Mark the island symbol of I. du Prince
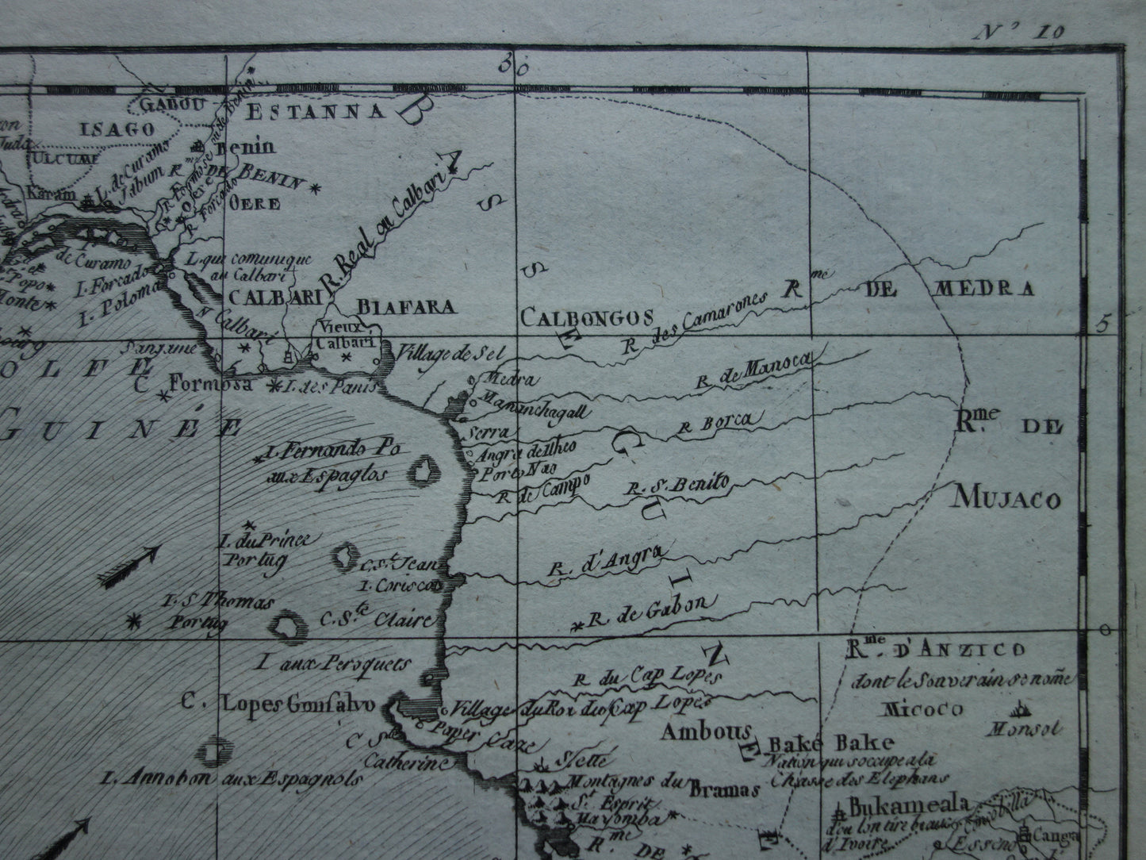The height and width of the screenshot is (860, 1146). tap(347, 556)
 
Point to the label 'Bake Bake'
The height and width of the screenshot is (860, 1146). tap(831, 743)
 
